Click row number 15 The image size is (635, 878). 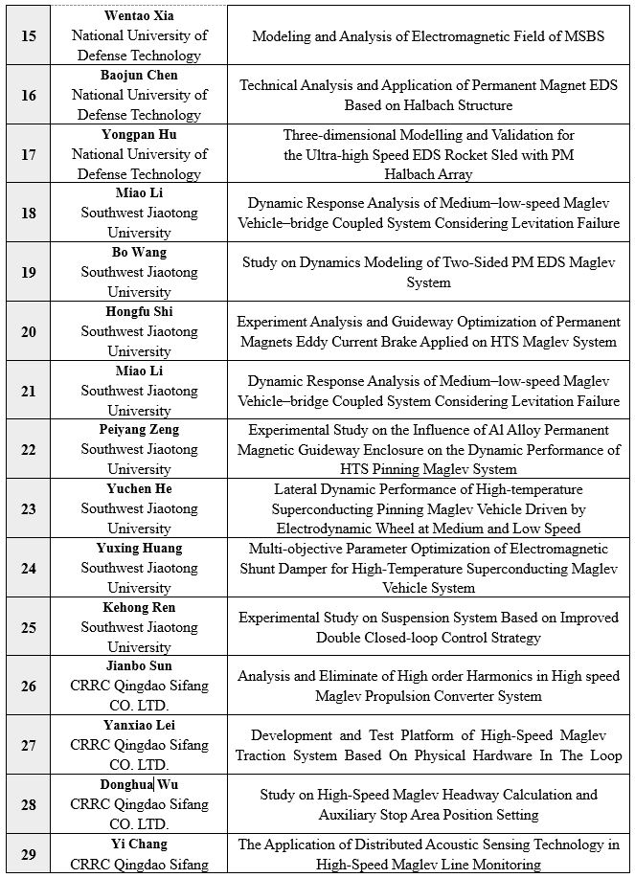(28, 35)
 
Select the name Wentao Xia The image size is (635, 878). (140, 16)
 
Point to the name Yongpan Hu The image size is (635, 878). (140, 134)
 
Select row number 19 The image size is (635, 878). (28, 272)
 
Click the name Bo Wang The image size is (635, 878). (140, 252)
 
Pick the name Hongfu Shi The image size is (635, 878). (140, 311)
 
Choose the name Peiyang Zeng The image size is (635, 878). (140, 429)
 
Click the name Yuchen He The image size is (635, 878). (140, 488)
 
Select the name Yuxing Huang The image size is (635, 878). (140, 548)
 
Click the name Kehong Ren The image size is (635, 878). (140, 607)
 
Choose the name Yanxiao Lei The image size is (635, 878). (140, 725)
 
